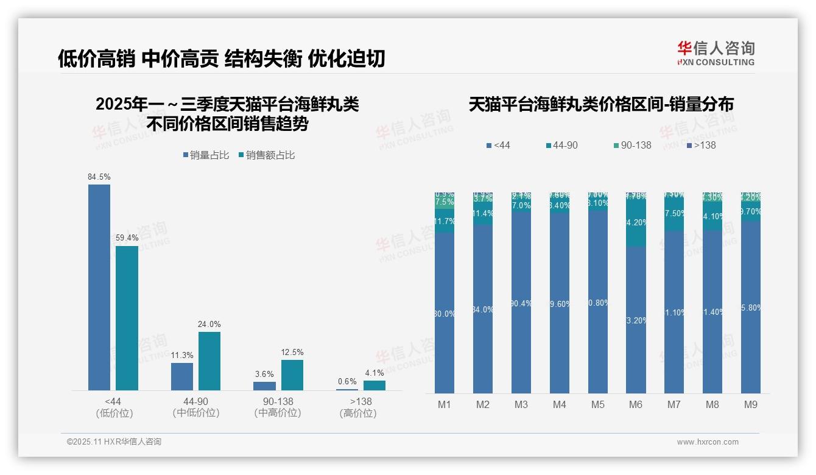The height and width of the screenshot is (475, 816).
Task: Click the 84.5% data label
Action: [x=99, y=177]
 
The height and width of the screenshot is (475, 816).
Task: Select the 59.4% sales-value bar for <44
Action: [x=127, y=317]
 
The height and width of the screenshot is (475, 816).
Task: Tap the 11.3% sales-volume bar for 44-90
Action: [x=182, y=376]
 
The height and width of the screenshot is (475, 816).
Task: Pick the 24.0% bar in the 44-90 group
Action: [x=209, y=361]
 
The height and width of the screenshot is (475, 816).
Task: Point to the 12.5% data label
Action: [x=292, y=353]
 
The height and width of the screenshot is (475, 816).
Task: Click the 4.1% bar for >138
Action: [x=375, y=385]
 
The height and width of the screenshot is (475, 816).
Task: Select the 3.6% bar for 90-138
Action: [x=264, y=386]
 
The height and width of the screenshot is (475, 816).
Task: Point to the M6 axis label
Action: [x=636, y=404]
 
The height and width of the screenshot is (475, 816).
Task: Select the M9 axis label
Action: [x=751, y=404]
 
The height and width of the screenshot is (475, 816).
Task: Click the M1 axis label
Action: [x=445, y=404]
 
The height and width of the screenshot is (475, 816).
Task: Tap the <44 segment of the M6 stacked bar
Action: [x=636, y=320]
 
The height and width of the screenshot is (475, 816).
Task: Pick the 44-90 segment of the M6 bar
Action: [x=636, y=222]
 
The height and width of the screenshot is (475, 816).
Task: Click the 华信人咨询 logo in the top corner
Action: [x=716, y=53]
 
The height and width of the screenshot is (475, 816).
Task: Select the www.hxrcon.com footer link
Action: [x=708, y=442]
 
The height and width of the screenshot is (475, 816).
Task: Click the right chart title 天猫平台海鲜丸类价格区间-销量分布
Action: [x=601, y=104]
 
